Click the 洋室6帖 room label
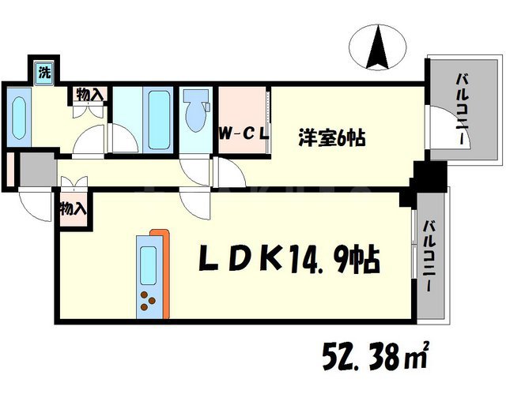[x=331, y=137]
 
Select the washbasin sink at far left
[x=19, y=118]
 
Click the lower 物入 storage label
[x=72, y=210]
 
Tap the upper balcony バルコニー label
[x=459, y=107]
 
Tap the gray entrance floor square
[x=33, y=169]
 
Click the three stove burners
[x=147, y=299]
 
